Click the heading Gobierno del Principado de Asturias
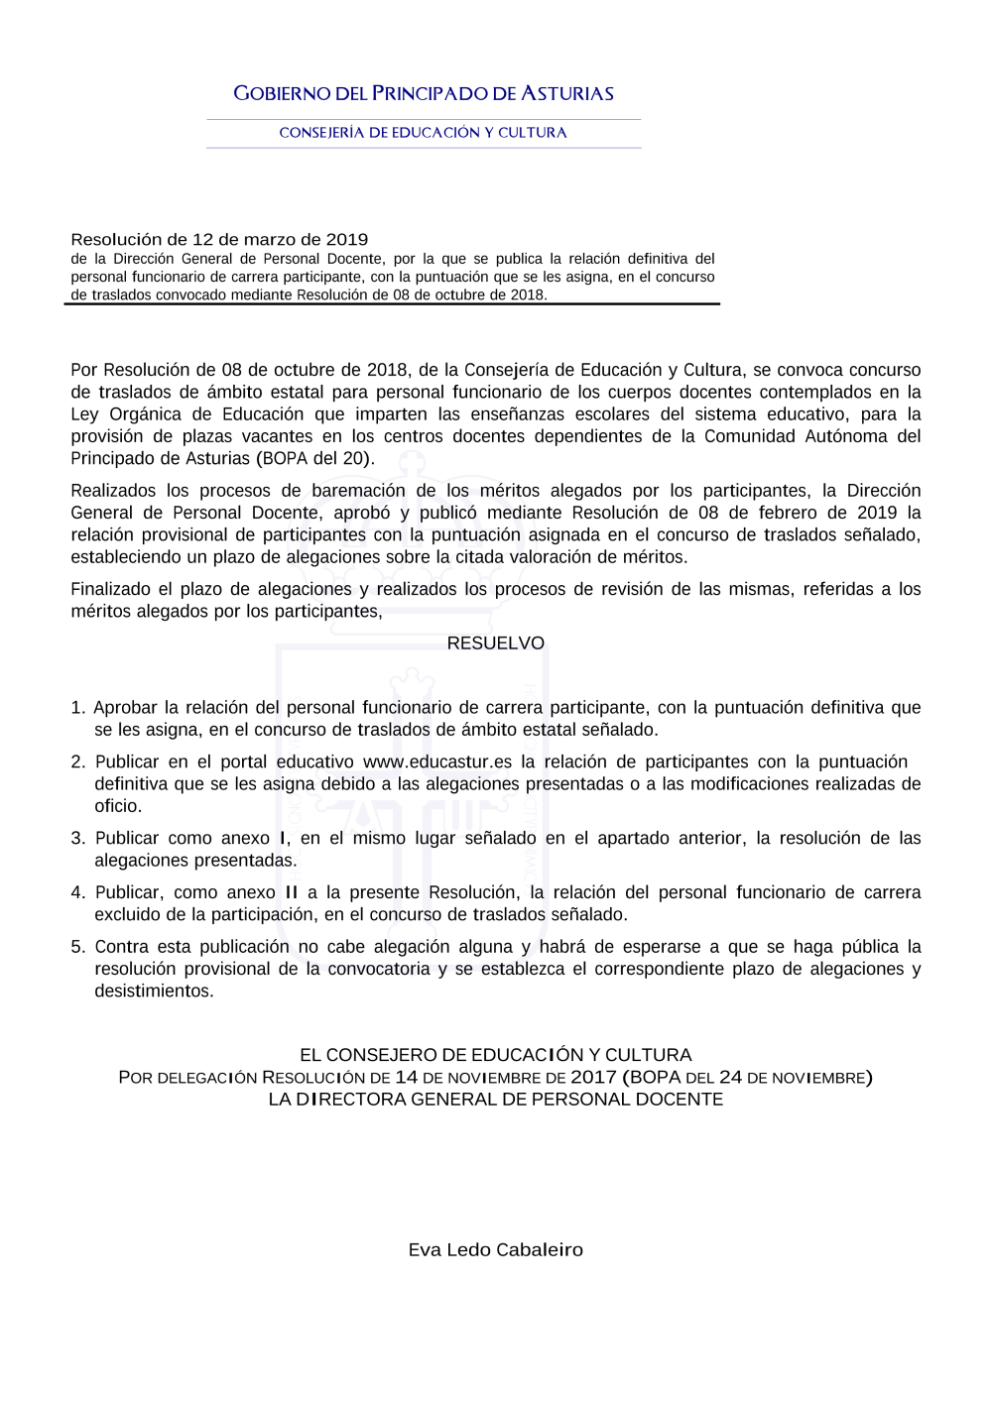pos(424,94)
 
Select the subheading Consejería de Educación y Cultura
pos(424,133)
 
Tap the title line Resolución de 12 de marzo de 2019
pos(219,240)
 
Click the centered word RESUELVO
pos(496,643)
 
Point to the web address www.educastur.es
pos(437,762)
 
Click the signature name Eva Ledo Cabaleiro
pos(496,1250)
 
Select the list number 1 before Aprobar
pos(77,708)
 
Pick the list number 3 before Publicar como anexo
pos(77,839)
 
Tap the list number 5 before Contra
pos(77,947)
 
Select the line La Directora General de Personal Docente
pos(496,1100)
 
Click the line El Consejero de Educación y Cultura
pos(496,1056)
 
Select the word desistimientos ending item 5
pos(153,992)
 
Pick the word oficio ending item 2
pos(117,806)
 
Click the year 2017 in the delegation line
pos(593,1078)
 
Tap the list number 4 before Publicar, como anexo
pos(77,893)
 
